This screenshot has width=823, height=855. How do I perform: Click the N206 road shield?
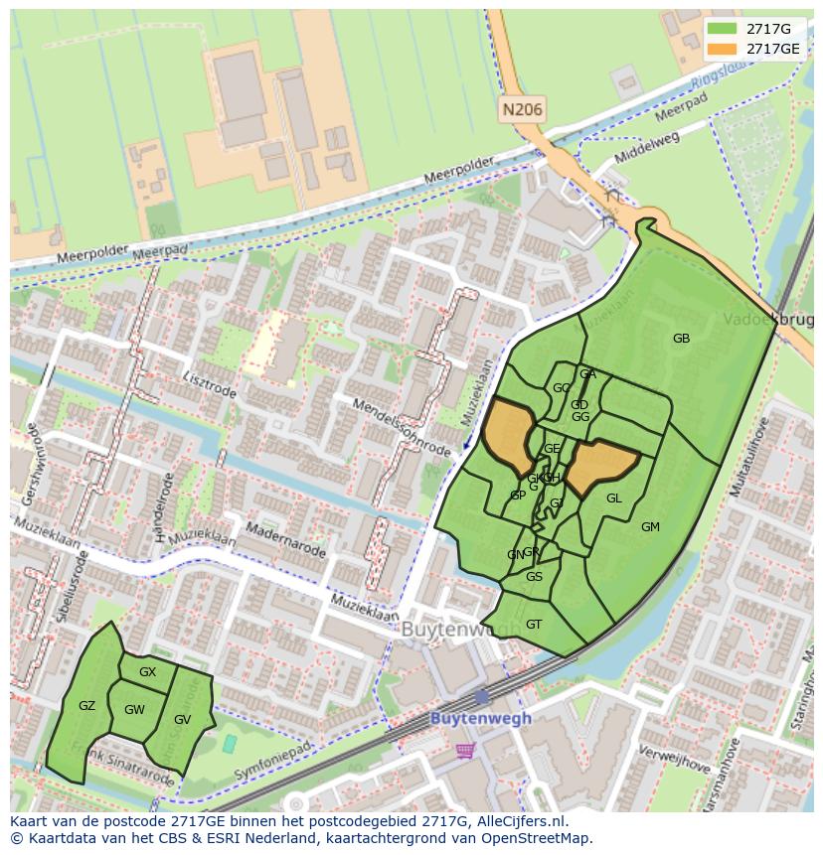[x=522, y=110]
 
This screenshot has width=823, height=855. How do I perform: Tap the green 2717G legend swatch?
[x=723, y=29]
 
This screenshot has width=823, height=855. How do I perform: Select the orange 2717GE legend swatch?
[x=723, y=49]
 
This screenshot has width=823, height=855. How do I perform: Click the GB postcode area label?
[x=681, y=339]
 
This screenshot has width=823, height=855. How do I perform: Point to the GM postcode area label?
[x=650, y=527]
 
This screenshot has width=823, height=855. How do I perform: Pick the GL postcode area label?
[x=613, y=499]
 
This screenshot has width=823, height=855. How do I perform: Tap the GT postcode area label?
[x=534, y=625]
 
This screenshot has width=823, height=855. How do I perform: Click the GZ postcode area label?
[x=86, y=706]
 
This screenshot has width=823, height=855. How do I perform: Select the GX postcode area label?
[x=147, y=672]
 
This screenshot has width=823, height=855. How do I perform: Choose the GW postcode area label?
[x=134, y=710]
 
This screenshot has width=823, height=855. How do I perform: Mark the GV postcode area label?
[x=182, y=720]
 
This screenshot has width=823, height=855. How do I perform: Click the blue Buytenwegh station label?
[x=481, y=718]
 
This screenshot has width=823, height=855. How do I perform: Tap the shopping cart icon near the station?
[x=464, y=751]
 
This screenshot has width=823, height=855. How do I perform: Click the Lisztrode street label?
[x=210, y=385]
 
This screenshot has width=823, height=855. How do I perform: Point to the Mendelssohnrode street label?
[x=401, y=428]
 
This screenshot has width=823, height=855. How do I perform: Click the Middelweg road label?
[x=647, y=146]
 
